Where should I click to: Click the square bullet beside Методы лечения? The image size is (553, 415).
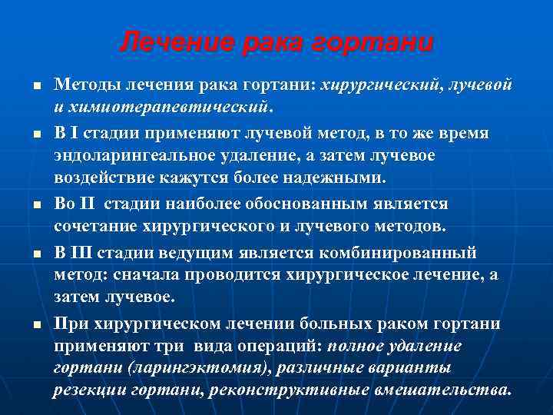[38, 84]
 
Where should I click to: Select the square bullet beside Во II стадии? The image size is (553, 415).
[38, 205]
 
